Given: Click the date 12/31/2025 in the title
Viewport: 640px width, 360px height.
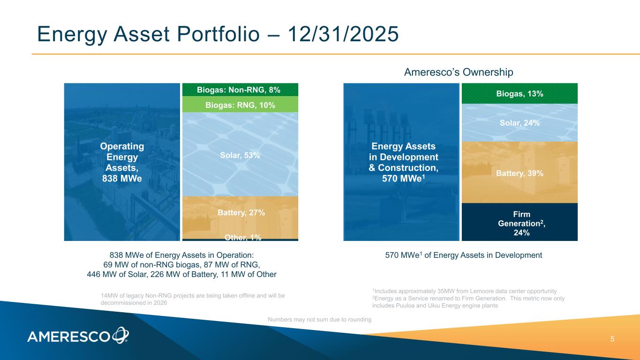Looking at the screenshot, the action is [343, 34].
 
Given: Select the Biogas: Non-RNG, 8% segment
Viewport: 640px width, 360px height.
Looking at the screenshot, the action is [240, 90].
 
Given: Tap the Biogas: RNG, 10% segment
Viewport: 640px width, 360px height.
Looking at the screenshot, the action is [240, 104].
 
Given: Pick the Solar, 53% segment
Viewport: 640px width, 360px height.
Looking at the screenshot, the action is [240, 154].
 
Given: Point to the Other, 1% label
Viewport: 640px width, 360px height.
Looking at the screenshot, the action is [243, 238].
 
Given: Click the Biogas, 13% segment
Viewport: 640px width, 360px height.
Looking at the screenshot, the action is [520, 93].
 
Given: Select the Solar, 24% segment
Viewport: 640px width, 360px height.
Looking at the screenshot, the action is [520, 122].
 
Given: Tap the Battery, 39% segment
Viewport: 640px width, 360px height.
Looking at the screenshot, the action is [520, 172].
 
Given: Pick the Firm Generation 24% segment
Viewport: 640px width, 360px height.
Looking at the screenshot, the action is [520, 222].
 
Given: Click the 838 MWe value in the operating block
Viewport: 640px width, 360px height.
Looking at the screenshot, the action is [122, 179].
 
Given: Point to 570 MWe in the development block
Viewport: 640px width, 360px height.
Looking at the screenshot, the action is [402, 179].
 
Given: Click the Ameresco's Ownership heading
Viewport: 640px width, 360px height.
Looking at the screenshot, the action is [459, 72].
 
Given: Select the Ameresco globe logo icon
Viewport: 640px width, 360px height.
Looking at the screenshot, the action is [120, 335].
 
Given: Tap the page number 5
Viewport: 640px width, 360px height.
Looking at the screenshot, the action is [612, 339].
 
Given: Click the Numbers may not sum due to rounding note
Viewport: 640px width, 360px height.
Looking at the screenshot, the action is [319, 319].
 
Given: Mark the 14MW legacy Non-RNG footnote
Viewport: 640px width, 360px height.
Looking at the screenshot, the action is [193, 299].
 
